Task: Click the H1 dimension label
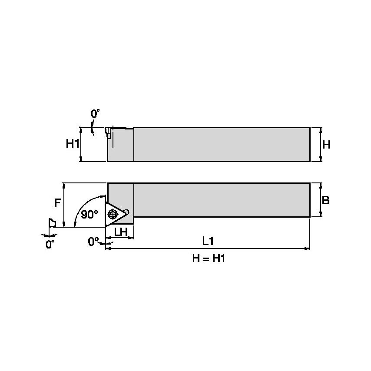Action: click(73, 144)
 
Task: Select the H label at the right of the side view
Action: click(326, 145)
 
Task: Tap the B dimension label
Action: click(326, 200)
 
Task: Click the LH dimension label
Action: click(120, 232)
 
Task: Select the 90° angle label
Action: click(89, 214)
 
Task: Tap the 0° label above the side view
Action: click(95, 114)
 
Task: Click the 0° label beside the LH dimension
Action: click(94, 242)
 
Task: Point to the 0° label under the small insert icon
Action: click(50, 244)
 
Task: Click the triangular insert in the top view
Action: click(115, 214)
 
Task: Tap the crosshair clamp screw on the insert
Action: click(113, 214)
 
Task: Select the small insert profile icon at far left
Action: click(52, 222)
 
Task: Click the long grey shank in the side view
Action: click(222, 144)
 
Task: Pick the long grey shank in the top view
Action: click(222, 200)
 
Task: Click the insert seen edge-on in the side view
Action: click(109, 133)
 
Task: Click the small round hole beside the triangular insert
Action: click(126, 212)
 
